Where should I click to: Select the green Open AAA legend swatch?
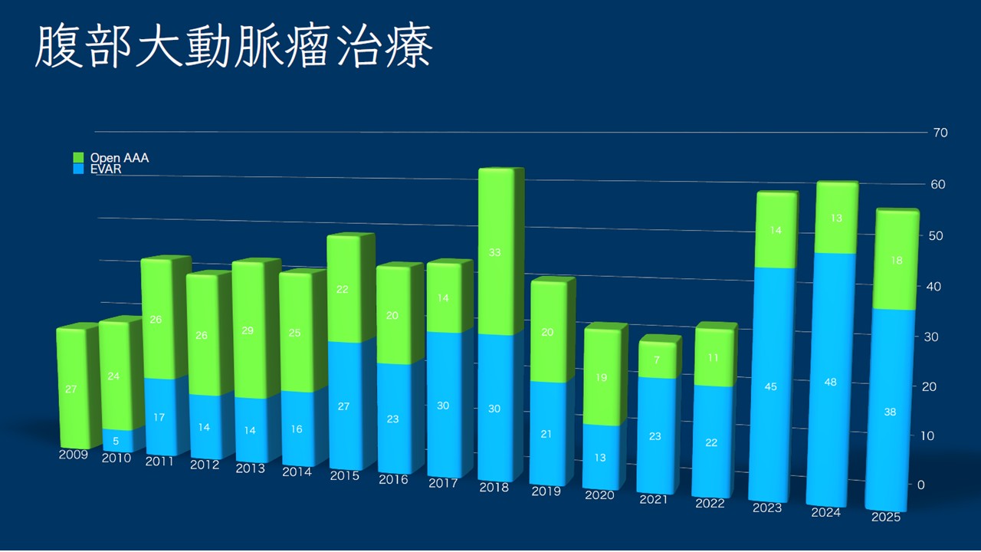pyautogui.click(x=78, y=157)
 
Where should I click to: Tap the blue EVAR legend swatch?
pyautogui.click(x=78, y=168)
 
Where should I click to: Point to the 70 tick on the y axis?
pyautogui.click(x=940, y=133)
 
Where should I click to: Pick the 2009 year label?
pyautogui.click(x=73, y=454)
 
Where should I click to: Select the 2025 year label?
pyautogui.click(x=886, y=517)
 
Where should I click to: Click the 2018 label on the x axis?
pyautogui.click(x=494, y=487)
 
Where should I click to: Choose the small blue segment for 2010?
pyautogui.click(x=115, y=440)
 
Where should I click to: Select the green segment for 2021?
pyautogui.click(x=657, y=360)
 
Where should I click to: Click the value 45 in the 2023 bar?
pyautogui.click(x=770, y=386)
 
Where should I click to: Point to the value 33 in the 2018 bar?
pyautogui.click(x=495, y=251)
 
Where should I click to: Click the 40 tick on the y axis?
pyautogui.click(x=935, y=286)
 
